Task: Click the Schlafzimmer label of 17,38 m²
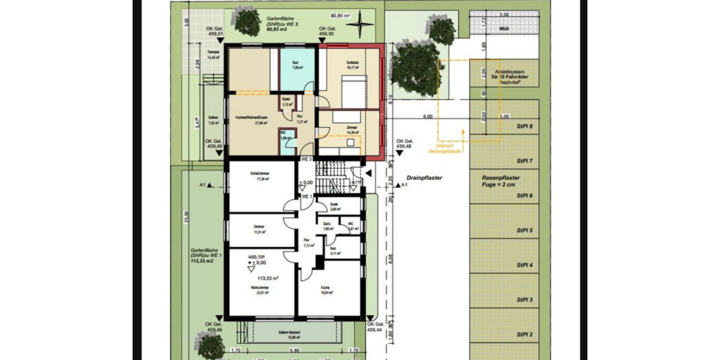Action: click(x=259, y=176)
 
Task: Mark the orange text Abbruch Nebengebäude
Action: click(x=445, y=148)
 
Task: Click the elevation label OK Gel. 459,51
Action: click(x=215, y=32)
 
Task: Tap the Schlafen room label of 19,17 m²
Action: click(x=352, y=65)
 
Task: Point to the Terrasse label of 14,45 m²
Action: click(x=214, y=55)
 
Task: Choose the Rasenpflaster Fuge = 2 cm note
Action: click(x=500, y=181)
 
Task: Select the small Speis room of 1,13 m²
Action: click(x=286, y=101)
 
